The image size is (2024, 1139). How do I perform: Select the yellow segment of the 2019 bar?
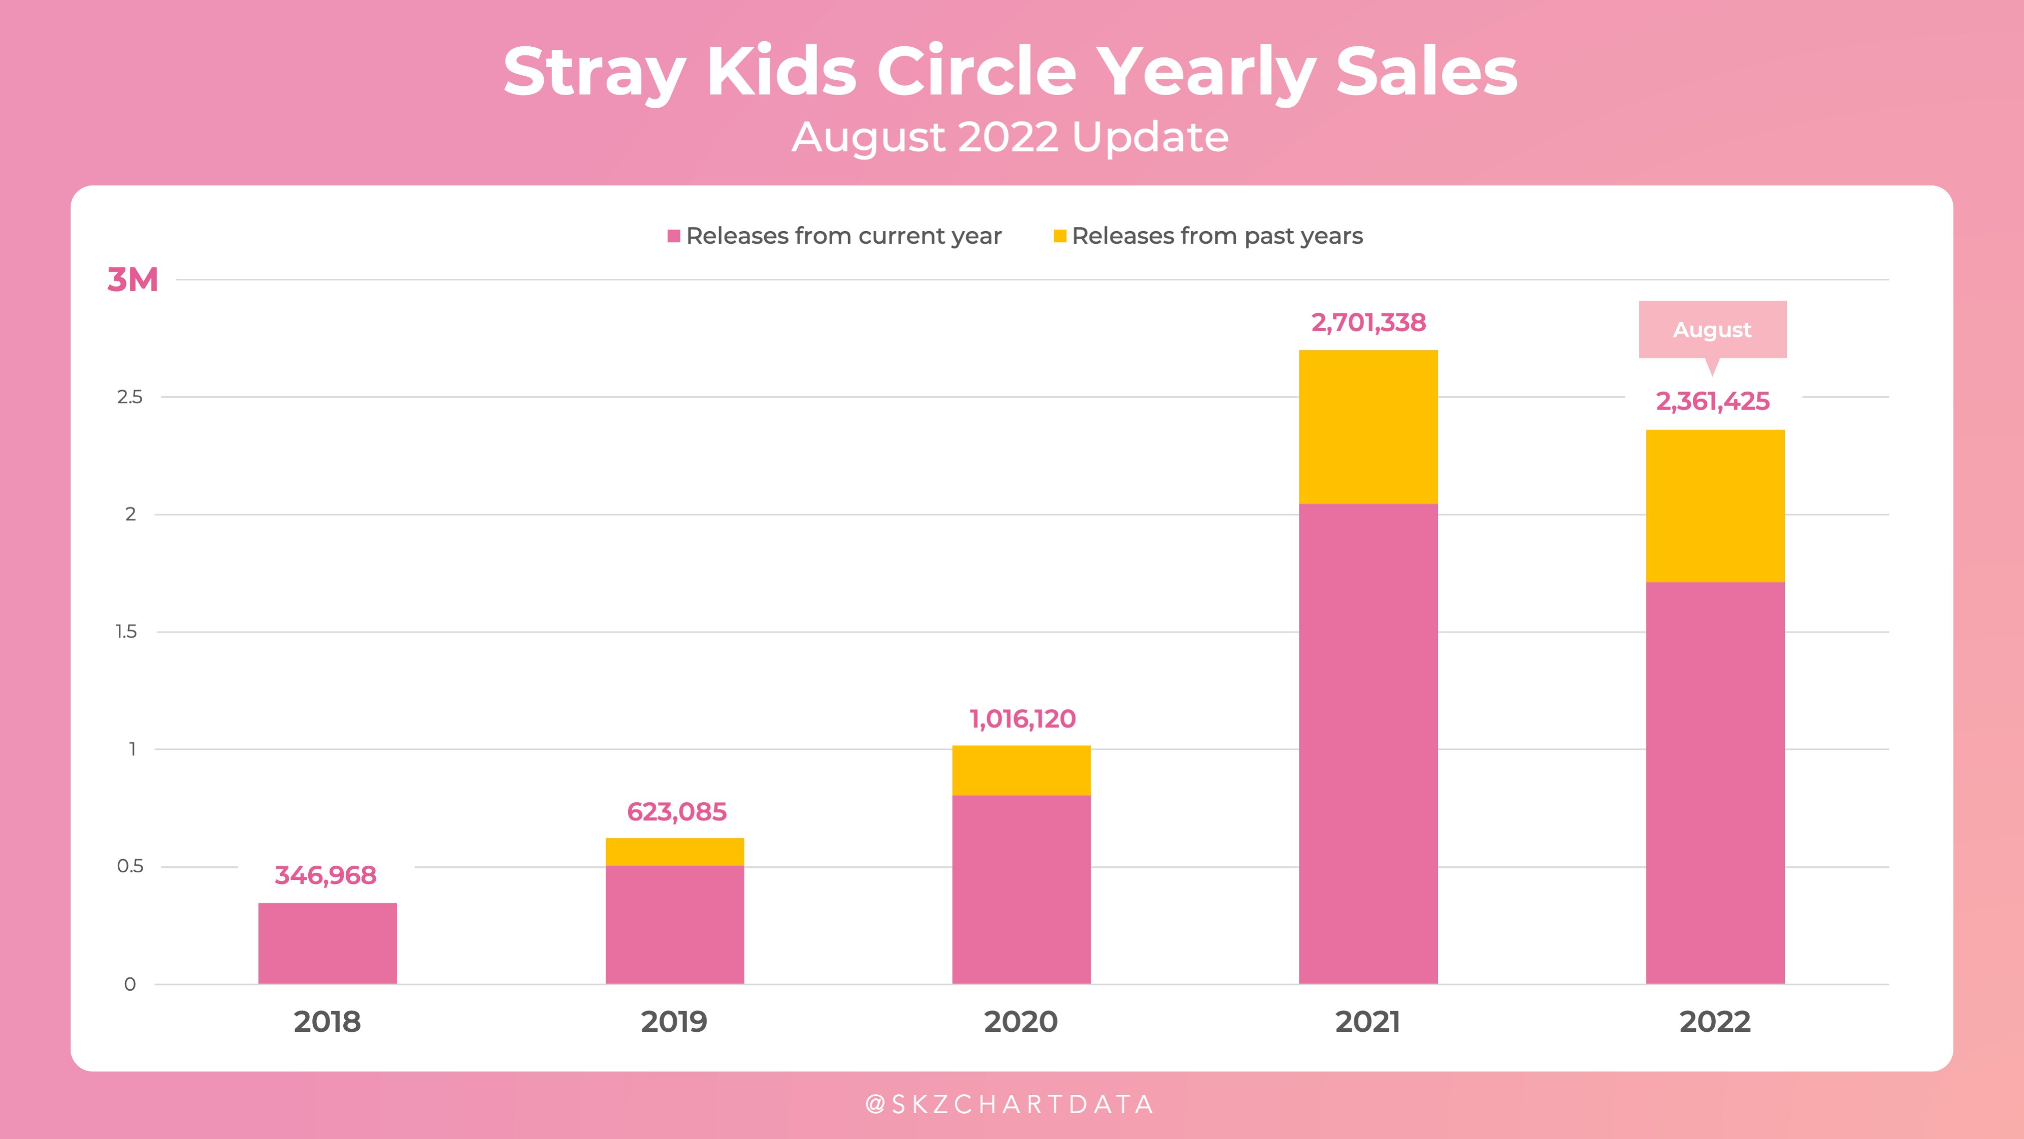click(x=674, y=851)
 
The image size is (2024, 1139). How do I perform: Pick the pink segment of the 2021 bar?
click(x=1368, y=743)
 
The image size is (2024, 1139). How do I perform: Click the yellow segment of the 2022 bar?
click(x=1715, y=505)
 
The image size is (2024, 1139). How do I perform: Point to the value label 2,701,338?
click(x=1368, y=322)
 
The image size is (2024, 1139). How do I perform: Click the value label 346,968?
click(x=325, y=875)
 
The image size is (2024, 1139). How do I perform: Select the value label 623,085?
click(x=676, y=811)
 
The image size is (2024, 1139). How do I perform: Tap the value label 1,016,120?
click(x=1022, y=718)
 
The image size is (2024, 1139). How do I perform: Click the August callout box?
click(x=1712, y=329)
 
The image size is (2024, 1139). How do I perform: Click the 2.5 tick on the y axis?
click(x=129, y=397)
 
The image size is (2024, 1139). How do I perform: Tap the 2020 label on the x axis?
click(x=1021, y=1022)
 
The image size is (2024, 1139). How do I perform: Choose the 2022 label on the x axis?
click(x=1714, y=1022)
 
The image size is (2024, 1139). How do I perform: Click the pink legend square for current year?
click(x=673, y=236)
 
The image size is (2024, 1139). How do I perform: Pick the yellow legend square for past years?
click(x=1059, y=236)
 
